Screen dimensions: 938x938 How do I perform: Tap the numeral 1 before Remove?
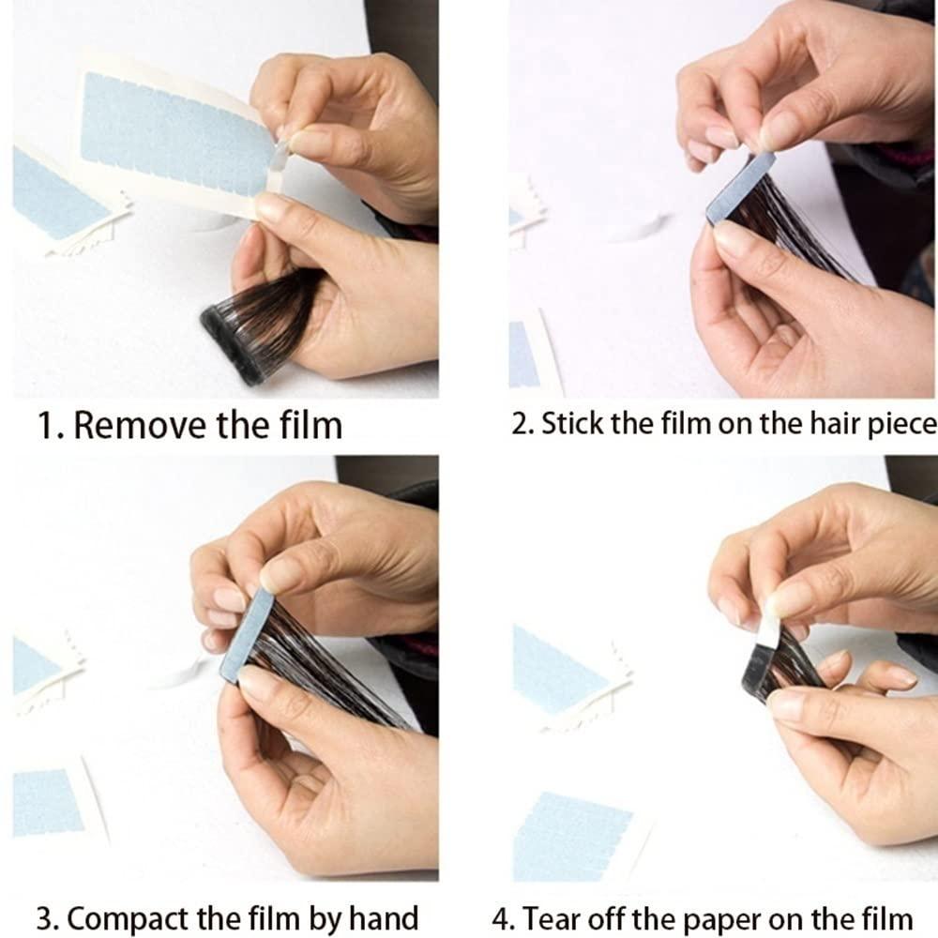point(45,425)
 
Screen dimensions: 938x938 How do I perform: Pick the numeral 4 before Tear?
point(501,919)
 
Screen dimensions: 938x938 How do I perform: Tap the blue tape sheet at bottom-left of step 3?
point(47,803)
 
